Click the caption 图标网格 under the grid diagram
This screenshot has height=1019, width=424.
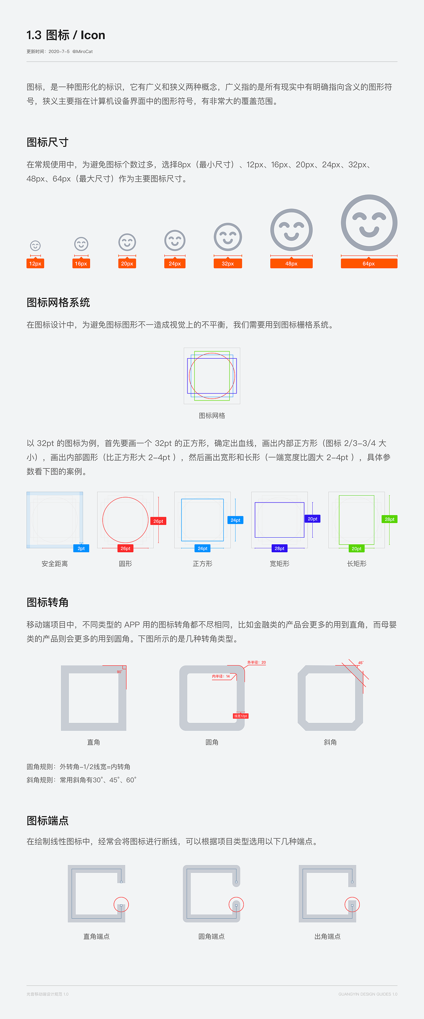(x=212, y=415)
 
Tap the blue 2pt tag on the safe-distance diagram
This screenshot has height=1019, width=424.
(x=81, y=548)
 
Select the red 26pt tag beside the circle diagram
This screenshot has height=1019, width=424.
(x=158, y=521)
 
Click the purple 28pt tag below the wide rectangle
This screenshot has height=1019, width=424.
(x=279, y=548)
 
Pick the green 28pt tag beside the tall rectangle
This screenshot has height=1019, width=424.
(x=389, y=519)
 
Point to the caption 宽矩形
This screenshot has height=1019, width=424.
(x=279, y=563)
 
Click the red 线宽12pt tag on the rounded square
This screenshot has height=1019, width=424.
(x=240, y=716)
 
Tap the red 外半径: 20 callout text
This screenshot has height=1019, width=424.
(x=256, y=662)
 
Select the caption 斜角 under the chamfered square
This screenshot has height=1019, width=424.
(x=330, y=742)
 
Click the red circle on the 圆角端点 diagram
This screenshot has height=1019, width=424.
(x=236, y=904)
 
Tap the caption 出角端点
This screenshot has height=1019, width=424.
(x=327, y=936)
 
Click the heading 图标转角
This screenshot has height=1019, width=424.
(x=47, y=602)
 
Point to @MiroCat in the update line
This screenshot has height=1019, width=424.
(x=82, y=51)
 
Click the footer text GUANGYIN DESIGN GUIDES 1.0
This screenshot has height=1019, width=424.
(x=367, y=994)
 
